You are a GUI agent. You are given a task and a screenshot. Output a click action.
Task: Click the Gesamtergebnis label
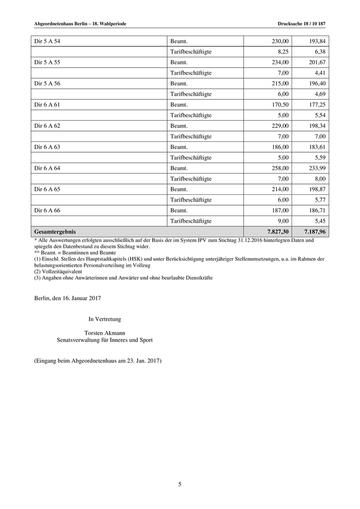(55, 232)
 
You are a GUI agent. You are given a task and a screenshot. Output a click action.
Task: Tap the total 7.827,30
(276, 232)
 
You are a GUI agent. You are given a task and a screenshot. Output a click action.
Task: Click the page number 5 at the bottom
(180, 484)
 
